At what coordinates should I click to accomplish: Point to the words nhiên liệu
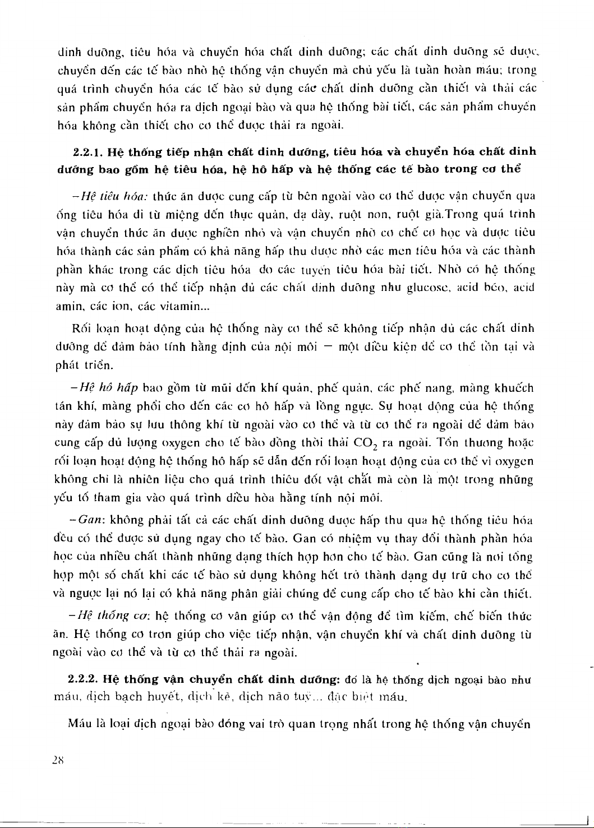coord(148,480)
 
